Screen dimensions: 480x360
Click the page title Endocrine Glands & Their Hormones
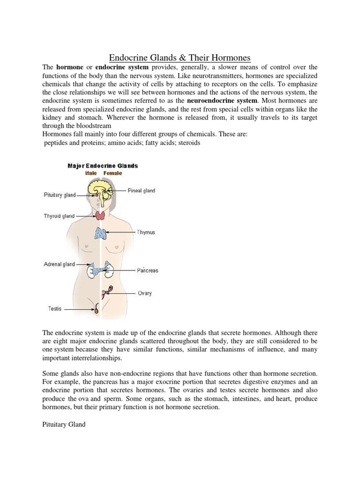coord(180,58)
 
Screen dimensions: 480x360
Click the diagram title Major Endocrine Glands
coord(103,166)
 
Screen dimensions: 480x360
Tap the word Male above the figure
coord(91,173)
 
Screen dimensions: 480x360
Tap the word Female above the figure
coord(112,173)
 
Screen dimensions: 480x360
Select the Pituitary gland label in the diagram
coord(60,195)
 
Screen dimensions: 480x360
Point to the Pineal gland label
coord(141,191)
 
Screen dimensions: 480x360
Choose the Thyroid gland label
coord(59,216)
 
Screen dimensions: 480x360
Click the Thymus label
coord(146,232)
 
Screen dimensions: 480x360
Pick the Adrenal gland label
coord(59,264)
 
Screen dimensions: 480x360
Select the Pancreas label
coord(148,270)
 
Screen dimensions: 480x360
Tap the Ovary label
coord(145,293)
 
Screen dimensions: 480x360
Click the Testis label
coord(54,309)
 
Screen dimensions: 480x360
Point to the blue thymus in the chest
coord(101,233)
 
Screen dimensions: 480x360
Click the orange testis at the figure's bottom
coord(97,309)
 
